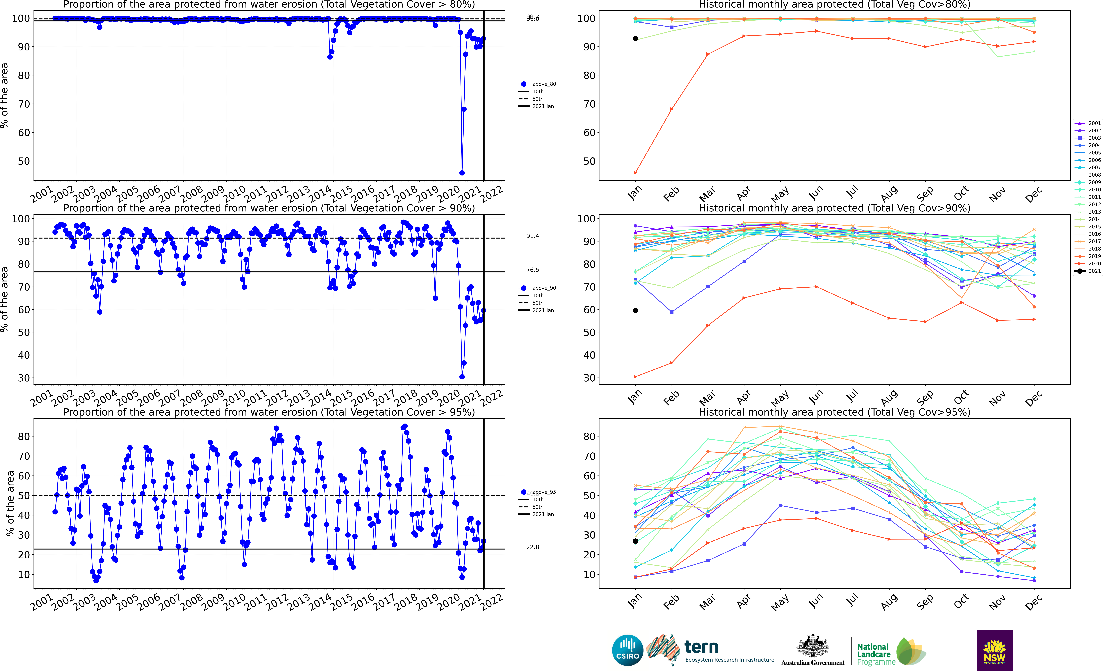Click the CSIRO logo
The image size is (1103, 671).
tap(628, 650)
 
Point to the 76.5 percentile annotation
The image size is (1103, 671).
tap(533, 270)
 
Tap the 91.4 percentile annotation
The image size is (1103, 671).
tap(533, 236)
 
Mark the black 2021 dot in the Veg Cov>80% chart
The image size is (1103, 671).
tap(635, 38)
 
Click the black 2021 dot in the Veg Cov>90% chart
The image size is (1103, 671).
tap(635, 311)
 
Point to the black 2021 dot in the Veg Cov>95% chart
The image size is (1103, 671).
tap(635, 541)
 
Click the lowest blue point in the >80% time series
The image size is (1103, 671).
tap(462, 173)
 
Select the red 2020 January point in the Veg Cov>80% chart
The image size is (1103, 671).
tap(635, 173)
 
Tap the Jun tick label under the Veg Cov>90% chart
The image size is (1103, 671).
tap(816, 396)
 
